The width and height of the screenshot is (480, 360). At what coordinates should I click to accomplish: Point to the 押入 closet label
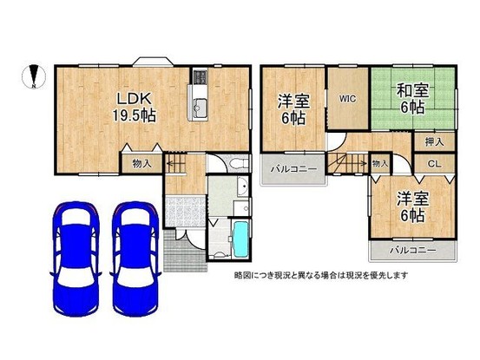tap(434, 141)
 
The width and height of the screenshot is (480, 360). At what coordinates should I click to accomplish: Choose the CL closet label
tap(434, 162)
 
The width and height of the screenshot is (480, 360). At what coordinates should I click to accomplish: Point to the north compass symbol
tap(31, 77)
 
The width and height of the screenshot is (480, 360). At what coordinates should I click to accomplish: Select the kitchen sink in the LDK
tap(199, 108)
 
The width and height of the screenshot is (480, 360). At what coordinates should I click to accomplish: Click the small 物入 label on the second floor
tap(379, 162)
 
